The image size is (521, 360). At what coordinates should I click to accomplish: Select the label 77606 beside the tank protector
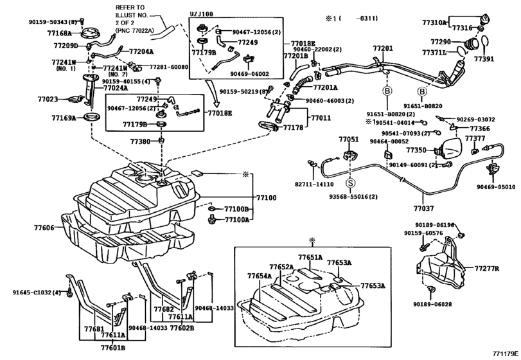pos(44,228)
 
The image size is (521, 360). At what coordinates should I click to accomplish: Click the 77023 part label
pos(48,100)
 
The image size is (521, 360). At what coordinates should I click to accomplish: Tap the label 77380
pos(140,141)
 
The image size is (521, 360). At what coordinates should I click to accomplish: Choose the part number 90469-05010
pos(495,187)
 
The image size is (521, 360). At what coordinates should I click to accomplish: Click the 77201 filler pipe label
pos(382,48)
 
